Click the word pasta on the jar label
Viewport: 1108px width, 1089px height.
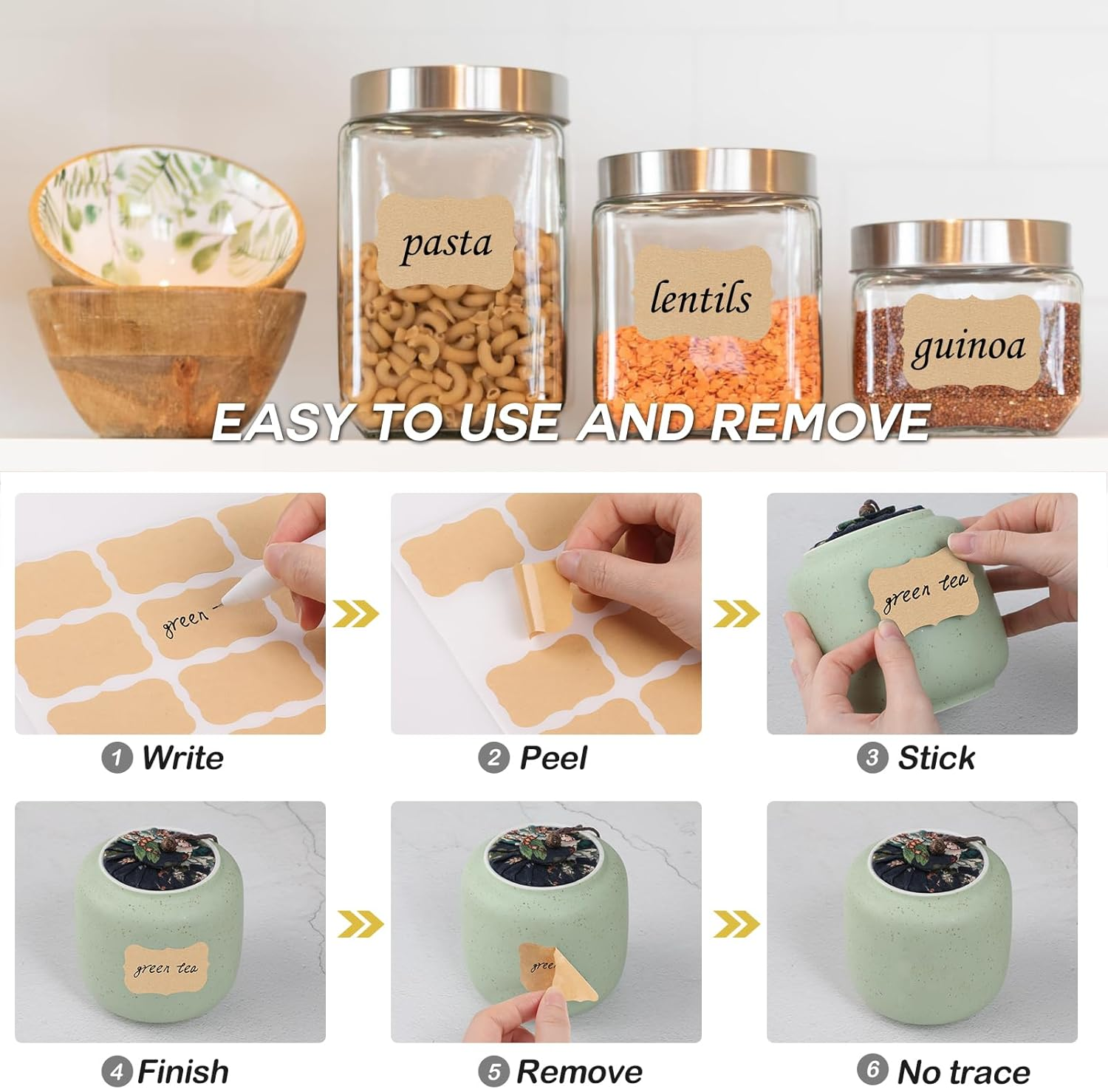446,245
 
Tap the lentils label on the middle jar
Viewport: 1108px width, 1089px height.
700,297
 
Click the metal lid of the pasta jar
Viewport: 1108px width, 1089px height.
459,92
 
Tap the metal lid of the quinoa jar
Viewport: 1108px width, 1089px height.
960,244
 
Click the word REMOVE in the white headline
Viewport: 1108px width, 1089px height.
820,423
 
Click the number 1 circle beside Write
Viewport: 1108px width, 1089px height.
116,758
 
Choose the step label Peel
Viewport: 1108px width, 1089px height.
553,758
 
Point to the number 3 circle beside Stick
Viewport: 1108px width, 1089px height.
872,758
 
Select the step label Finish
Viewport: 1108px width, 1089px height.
183,1071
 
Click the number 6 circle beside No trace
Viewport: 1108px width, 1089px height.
872,1069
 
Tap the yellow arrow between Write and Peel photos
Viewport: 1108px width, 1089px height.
356,613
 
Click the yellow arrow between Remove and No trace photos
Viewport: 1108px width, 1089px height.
736,924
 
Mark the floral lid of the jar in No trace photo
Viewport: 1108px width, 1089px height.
928,857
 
